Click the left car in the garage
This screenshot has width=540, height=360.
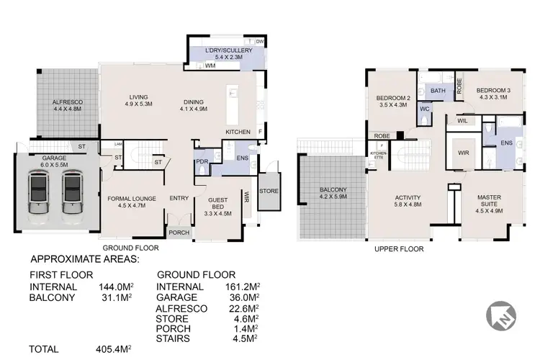tap(37, 194)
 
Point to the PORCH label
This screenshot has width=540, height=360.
tap(178, 233)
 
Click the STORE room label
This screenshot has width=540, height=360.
tap(269, 191)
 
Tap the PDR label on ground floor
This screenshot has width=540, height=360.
tap(202, 162)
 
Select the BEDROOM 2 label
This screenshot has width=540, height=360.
tap(393, 102)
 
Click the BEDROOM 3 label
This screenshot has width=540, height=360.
tap(493, 94)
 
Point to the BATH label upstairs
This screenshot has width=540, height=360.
tap(438, 91)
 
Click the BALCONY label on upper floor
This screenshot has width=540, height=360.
tap(333, 193)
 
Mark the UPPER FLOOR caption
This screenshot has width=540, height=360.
tap(399, 249)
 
